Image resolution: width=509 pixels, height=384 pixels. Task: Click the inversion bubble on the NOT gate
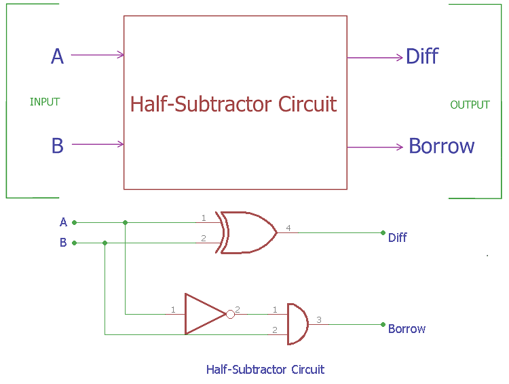click(230, 314)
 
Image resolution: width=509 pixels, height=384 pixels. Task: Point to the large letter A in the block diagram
click(57, 56)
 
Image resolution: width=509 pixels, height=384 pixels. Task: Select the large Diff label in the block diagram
click(421, 56)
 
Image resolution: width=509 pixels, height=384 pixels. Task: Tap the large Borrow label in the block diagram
click(441, 147)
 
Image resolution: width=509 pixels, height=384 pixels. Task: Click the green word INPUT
click(45, 102)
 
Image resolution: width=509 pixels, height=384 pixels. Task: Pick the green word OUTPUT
click(470, 105)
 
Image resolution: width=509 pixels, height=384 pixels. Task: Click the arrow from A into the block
click(97, 55)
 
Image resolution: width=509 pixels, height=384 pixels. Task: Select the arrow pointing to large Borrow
click(375, 147)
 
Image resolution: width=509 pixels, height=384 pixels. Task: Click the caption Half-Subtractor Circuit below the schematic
click(265, 370)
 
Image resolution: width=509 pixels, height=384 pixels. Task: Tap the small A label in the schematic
click(63, 222)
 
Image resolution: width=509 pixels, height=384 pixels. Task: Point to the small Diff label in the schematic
click(397, 238)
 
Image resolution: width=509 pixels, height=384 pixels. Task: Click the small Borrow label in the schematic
click(407, 329)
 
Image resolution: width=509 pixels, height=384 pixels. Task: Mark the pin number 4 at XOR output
click(288, 228)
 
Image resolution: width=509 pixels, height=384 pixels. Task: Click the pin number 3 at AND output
click(319, 319)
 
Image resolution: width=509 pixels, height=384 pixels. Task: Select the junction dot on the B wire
click(105, 243)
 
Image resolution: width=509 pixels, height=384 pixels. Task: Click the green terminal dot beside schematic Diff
click(383, 232)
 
